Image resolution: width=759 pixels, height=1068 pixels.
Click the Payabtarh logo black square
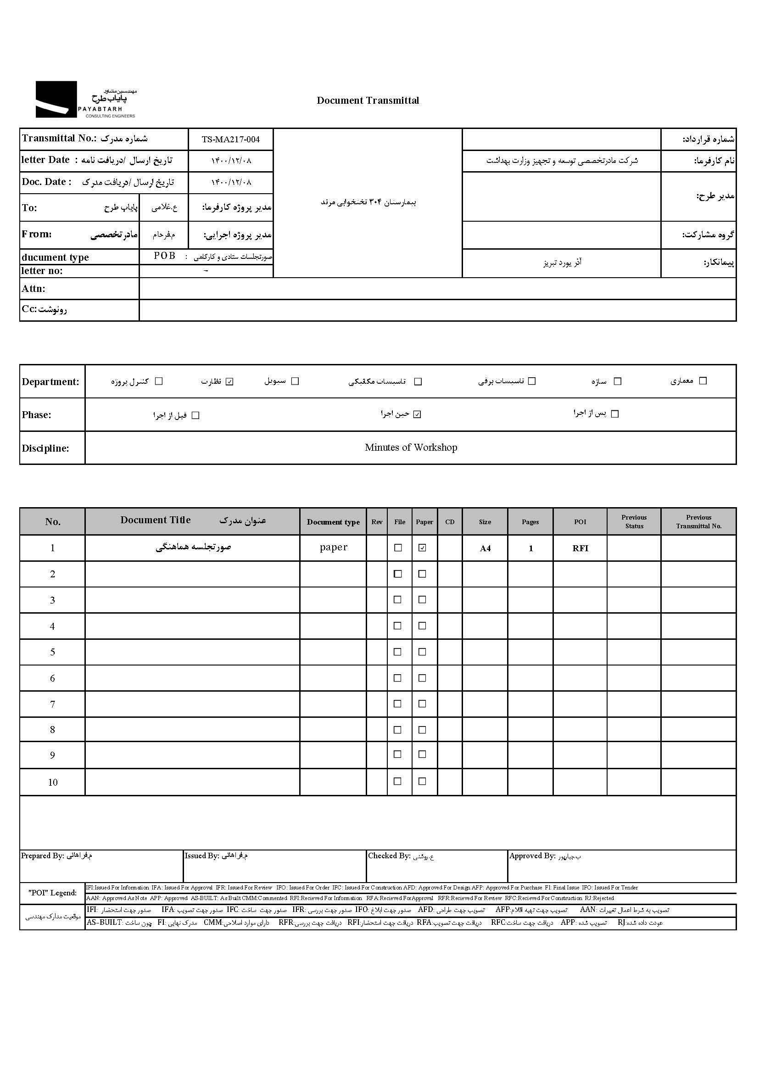coord(56,99)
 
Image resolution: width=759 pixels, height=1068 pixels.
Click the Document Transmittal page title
coord(368,101)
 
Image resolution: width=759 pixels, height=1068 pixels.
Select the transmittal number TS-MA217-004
coord(230,139)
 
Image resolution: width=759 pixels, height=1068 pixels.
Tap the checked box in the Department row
coord(229,381)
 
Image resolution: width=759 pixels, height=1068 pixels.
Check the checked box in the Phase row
coord(417,414)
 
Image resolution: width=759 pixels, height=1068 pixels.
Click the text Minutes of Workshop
coord(411,447)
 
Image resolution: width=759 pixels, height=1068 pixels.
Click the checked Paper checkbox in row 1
coord(422,548)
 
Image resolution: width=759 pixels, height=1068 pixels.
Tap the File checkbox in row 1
coord(398,548)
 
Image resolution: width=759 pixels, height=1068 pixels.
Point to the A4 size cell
coord(485,548)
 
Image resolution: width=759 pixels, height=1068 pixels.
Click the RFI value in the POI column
coord(580,548)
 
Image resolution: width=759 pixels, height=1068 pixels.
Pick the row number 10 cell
coord(53,783)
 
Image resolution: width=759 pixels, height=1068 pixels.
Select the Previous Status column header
coord(634,522)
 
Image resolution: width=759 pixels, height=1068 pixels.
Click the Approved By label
coord(532,856)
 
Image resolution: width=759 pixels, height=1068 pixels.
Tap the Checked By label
coord(389,856)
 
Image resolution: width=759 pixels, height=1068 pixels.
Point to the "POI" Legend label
coord(52,893)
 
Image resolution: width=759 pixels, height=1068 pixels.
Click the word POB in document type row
coord(165,256)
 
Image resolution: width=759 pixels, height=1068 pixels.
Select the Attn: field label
coord(33,288)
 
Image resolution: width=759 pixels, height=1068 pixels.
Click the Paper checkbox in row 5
coord(422,652)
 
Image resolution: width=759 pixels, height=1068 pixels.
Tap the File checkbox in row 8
coord(398,730)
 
